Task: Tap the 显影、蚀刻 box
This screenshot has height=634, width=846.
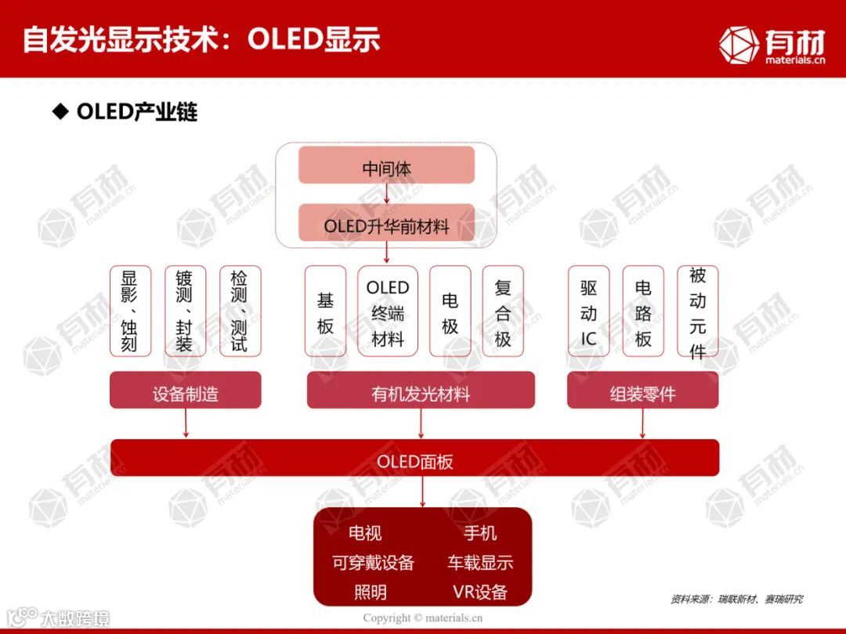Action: pos(130,312)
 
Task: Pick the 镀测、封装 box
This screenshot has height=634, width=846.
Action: pos(185,312)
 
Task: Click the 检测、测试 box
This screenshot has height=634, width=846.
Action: pos(240,312)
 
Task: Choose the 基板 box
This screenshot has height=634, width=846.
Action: pos(325,312)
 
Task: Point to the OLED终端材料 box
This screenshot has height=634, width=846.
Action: pos(387,312)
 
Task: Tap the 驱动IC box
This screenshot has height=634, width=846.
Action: pos(588,312)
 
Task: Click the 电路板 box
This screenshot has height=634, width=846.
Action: pos(643,312)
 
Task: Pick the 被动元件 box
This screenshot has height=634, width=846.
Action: pos(697,312)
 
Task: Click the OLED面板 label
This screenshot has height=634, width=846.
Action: pos(415,461)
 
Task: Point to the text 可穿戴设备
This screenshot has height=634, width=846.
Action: pos(373,563)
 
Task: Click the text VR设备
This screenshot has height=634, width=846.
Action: pos(479,592)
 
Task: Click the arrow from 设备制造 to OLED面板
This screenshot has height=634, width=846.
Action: pos(186,423)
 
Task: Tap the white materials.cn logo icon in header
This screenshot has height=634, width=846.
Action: pos(738,45)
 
